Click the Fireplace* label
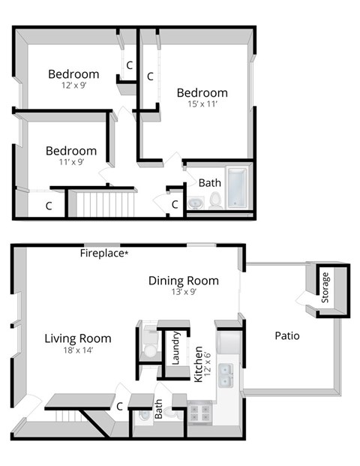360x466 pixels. tap(104, 254)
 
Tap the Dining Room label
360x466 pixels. tap(183, 281)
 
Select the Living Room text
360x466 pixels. tap(77, 338)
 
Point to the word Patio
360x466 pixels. tap(286, 335)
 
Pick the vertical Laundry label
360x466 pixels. tap(175, 347)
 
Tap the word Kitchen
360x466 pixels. tap(199, 364)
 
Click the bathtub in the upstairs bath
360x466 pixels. tap(237, 188)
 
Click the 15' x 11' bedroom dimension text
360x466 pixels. tap(202, 104)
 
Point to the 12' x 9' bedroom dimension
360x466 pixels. tap(73, 86)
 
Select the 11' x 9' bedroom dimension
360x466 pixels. tap(70, 161)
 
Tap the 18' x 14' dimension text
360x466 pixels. tap(77, 350)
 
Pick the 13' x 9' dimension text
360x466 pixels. tap(183, 292)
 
